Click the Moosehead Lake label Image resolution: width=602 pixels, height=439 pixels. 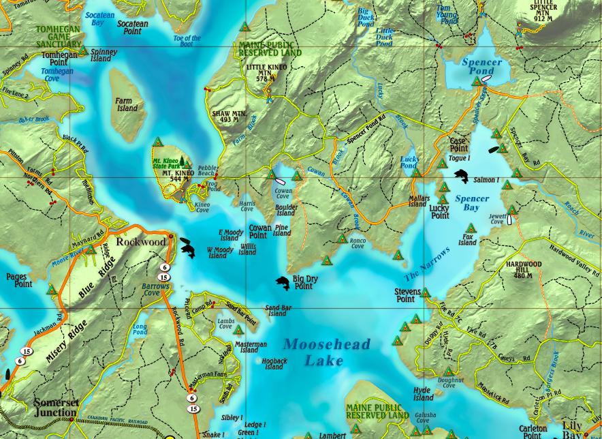click(326, 352)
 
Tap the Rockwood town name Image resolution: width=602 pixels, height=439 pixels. click(140, 241)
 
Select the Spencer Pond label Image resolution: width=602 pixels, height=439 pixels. click(481, 66)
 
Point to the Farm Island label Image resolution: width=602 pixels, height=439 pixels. click(127, 104)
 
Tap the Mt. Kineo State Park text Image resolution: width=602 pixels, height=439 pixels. click(167, 163)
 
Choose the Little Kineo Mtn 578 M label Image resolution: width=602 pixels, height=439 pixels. click(266, 73)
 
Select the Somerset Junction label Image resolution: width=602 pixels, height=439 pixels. click(56, 408)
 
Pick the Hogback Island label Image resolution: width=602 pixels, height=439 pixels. click(274, 363)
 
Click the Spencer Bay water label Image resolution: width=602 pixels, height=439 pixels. click(472, 203)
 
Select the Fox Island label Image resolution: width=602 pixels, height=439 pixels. click(467, 239)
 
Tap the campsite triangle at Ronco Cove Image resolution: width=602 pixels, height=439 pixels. click(343, 239)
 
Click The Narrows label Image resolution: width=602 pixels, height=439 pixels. click(427, 264)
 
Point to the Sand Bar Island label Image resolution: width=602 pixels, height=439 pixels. click(277, 311)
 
